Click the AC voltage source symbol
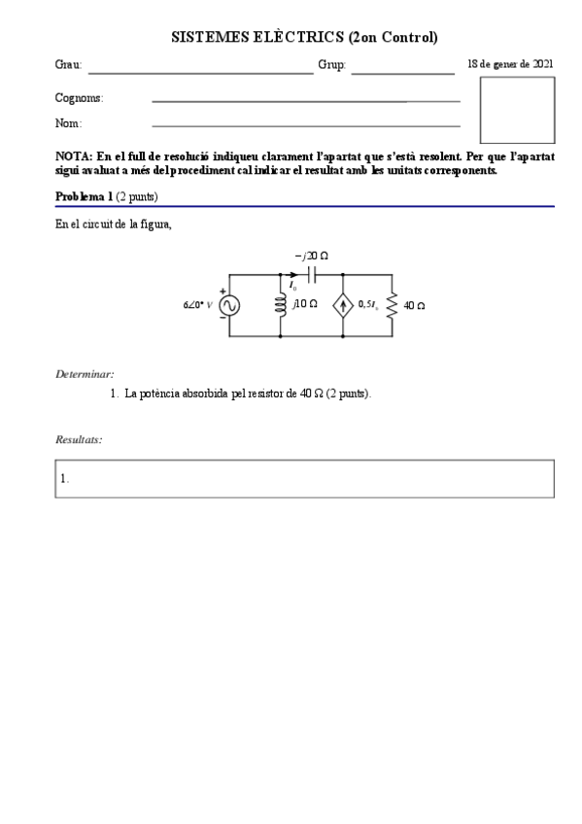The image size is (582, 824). pyautogui.click(x=230, y=305)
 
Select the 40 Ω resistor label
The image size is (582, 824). pyautogui.click(x=414, y=305)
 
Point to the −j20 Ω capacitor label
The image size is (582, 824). pyautogui.click(x=311, y=256)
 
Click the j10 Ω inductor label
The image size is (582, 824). pyautogui.click(x=305, y=304)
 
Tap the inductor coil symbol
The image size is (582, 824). pyautogui.click(x=281, y=305)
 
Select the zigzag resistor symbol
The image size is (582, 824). pyautogui.click(x=392, y=305)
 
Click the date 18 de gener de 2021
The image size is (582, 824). pyautogui.click(x=510, y=63)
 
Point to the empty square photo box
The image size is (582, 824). pyautogui.click(x=517, y=110)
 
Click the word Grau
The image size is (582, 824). pyautogui.click(x=68, y=66)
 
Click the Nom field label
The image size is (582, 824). pyautogui.click(x=68, y=124)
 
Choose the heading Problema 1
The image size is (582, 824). pyautogui.click(x=85, y=196)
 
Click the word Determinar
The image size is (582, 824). pyautogui.click(x=85, y=374)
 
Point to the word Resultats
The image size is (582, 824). pyautogui.click(x=79, y=440)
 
